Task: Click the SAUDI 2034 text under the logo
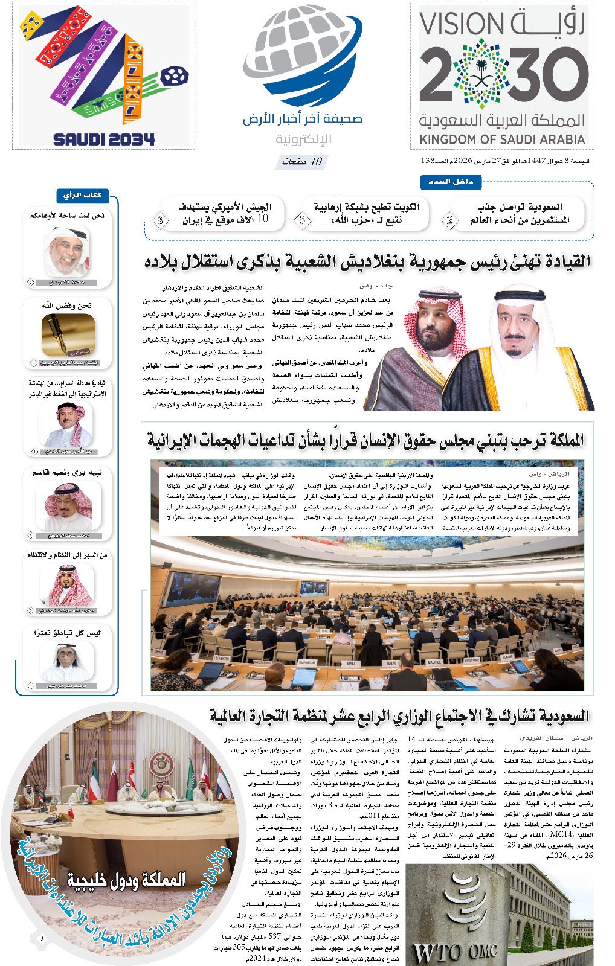(104, 139)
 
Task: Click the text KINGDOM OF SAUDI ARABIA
(502, 139)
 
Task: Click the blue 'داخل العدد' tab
(451, 182)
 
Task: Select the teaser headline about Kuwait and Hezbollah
(366, 213)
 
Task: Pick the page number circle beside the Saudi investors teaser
(449, 220)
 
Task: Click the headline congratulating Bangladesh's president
(367, 262)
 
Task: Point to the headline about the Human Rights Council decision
(365, 440)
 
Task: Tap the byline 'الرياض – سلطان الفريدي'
(556, 738)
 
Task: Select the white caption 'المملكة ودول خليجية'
(126, 880)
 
